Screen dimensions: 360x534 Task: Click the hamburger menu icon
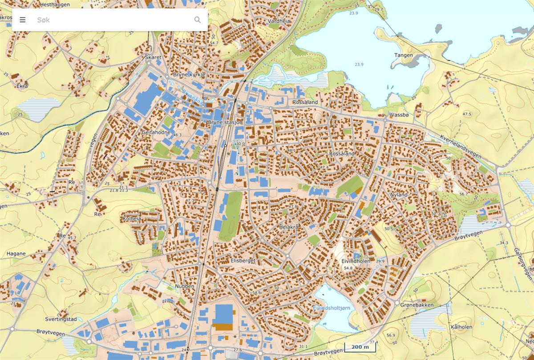(23, 20)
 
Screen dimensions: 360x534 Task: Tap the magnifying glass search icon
(198, 20)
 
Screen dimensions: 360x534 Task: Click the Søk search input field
(111, 20)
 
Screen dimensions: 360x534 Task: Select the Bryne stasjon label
(225, 122)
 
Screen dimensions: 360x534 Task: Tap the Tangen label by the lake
(403, 56)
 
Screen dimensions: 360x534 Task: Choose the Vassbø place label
(399, 114)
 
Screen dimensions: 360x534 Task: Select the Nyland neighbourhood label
(398, 195)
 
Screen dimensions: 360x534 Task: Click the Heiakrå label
(288, 227)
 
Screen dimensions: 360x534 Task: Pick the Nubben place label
(185, 286)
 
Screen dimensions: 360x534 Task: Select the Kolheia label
(132, 219)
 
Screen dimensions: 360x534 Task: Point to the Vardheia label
(279, 21)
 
